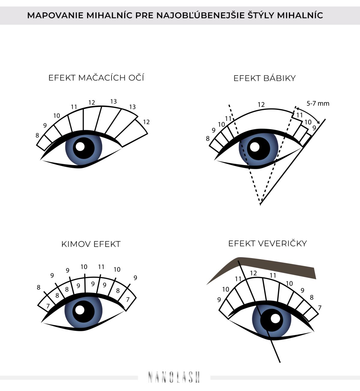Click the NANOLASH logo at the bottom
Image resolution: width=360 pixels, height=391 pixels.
click(174, 377)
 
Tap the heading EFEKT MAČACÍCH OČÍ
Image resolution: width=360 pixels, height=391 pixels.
click(96, 78)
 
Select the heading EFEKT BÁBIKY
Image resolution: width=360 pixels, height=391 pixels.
click(265, 78)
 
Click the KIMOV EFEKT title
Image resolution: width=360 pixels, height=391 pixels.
click(91, 244)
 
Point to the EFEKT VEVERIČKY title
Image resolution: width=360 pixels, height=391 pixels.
click(267, 243)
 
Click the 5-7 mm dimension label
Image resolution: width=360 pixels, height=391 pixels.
click(318, 103)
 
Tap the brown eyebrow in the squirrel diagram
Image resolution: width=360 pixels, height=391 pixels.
click(261, 268)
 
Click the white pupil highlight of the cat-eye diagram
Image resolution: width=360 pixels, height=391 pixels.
click(80, 146)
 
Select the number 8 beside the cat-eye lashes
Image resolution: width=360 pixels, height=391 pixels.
click(37, 135)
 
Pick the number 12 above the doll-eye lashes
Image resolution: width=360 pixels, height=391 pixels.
click(261, 105)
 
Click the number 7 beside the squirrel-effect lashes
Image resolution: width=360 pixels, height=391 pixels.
click(320, 308)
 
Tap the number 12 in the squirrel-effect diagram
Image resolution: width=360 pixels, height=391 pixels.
click(253, 273)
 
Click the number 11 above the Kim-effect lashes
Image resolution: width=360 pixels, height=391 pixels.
click(101, 267)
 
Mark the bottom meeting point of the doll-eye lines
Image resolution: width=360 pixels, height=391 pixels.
click(260, 204)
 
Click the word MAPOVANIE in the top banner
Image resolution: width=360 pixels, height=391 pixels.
click(55, 15)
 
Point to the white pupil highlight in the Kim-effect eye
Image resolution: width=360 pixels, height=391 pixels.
click(80, 310)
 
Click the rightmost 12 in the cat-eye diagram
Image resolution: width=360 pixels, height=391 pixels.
click(146, 122)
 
